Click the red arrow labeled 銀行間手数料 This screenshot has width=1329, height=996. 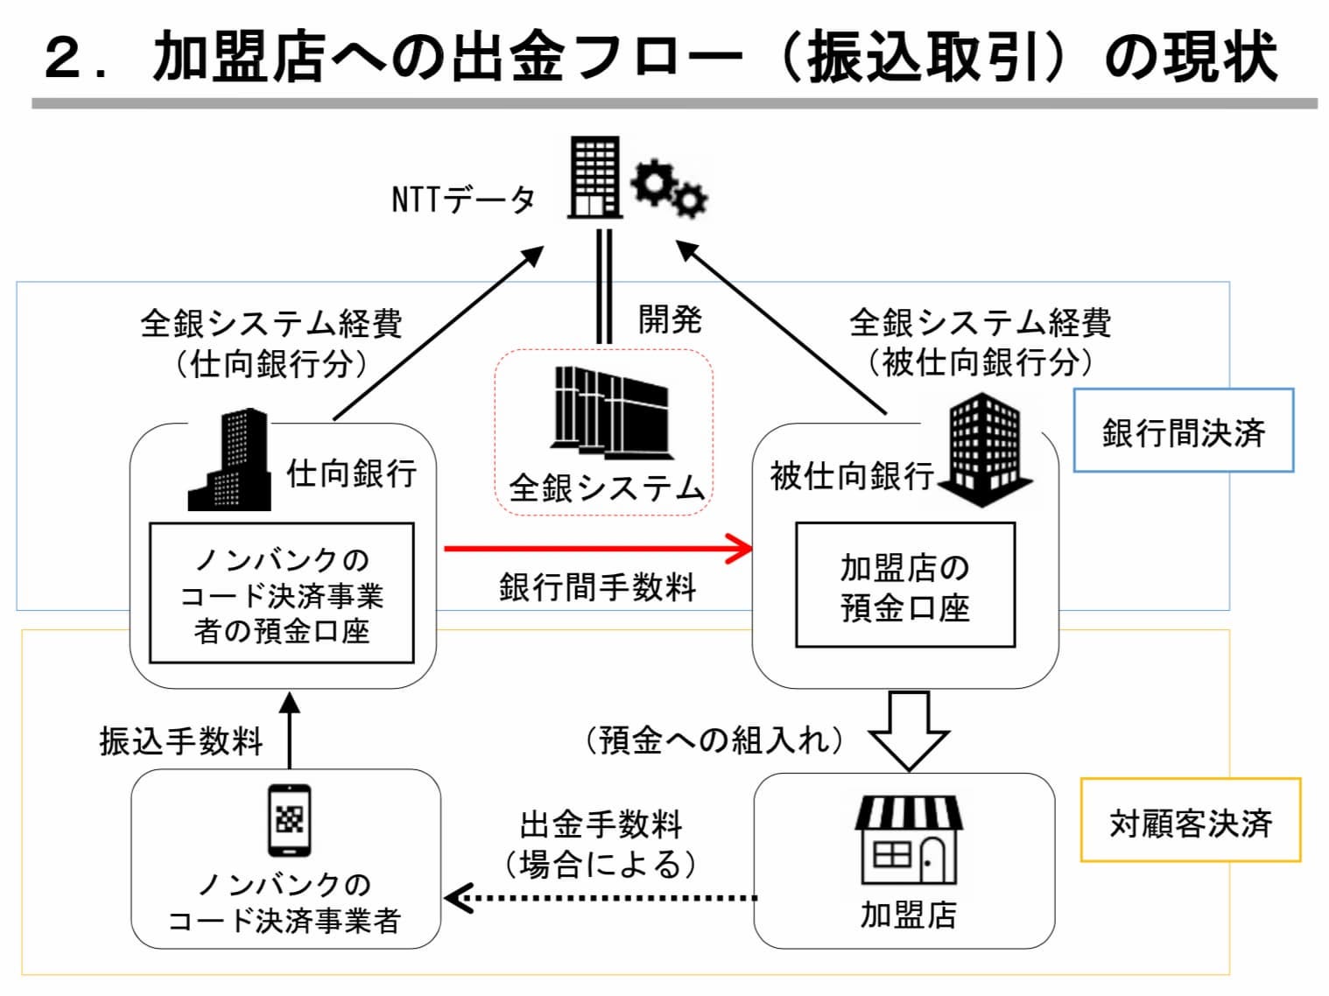[x=599, y=549]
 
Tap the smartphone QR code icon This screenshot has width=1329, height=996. [x=289, y=820]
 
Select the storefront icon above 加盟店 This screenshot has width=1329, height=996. [x=908, y=840]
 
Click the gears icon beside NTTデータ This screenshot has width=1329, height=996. [x=670, y=187]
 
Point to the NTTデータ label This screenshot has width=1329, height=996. [x=463, y=200]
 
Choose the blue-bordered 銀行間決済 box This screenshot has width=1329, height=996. [x=1183, y=431]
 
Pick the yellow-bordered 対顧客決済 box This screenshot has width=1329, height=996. [x=1190, y=821]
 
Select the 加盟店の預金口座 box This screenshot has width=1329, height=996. [x=904, y=586]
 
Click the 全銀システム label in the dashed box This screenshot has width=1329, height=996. [x=606, y=487]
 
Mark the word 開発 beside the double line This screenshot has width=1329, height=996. [x=669, y=319]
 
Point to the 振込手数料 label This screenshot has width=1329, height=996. [x=181, y=740]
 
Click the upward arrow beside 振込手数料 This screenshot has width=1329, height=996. [x=289, y=730]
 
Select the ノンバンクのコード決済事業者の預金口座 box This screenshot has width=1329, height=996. [x=281, y=594]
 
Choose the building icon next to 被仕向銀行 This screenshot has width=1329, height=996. [x=984, y=450]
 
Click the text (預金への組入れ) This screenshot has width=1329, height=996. [x=714, y=740]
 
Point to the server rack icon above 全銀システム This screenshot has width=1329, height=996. [x=611, y=411]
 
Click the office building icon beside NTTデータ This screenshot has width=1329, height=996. [x=594, y=177]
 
